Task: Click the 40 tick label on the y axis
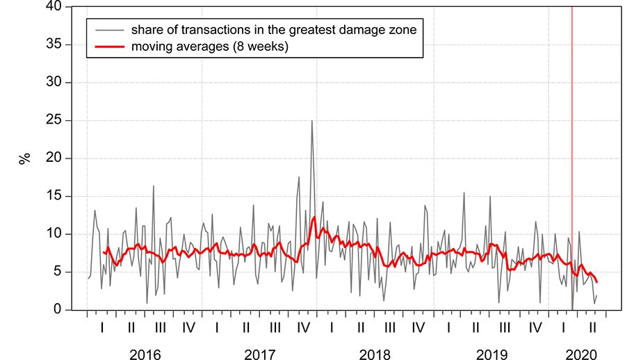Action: coord(54,7)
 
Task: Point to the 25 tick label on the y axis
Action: coord(54,121)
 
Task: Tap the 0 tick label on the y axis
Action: coord(58,310)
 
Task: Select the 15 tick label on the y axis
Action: coord(54,197)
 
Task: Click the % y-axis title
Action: coord(26,158)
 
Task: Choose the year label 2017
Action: coord(259,354)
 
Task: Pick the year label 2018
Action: coord(375,354)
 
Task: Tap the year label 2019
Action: coord(491,354)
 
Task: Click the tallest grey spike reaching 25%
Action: coord(311,121)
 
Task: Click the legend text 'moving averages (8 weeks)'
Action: coord(209,47)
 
